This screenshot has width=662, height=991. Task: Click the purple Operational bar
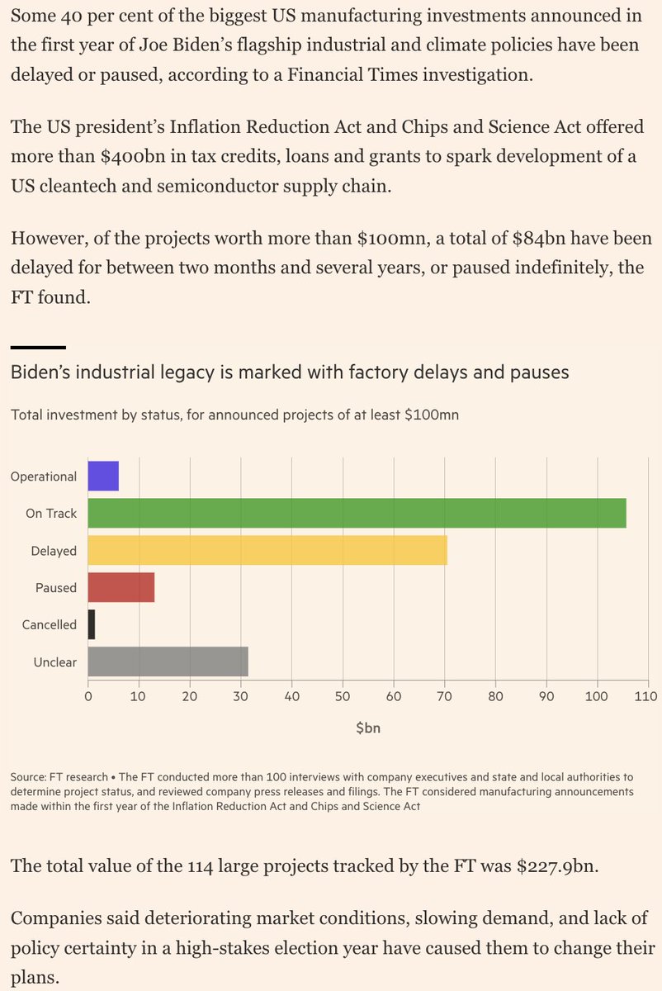(103, 477)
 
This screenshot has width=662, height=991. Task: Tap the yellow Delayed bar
(267, 551)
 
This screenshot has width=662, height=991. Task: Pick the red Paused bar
(121, 588)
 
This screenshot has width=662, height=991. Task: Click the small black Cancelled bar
(92, 625)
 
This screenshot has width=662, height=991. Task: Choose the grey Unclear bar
(168, 662)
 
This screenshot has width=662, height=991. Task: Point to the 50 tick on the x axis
(343, 696)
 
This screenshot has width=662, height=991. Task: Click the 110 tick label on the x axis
(647, 696)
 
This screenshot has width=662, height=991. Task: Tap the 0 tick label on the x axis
(88, 696)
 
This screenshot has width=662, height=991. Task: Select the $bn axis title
(368, 728)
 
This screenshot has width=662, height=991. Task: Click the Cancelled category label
(50, 625)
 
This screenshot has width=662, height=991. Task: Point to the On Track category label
(51, 514)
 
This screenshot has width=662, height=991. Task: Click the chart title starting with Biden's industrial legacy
(290, 372)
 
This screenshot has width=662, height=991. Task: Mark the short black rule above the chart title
(38, 347)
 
